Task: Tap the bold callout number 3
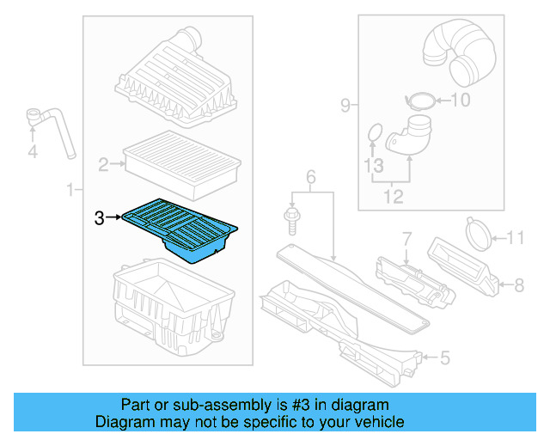click(x=100, y=218)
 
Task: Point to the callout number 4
click(x=33, y=152)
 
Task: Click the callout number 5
click(x=443, y=357)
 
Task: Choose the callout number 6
click(x=311, y=177)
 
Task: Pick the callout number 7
click(x=406, y=236)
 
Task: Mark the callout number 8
click(x=518, y=284)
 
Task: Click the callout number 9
click(x=345, y=106)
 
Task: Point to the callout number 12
click(x=392, y=198)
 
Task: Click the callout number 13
click(x=372, y=163)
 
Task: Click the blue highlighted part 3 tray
click(x=180, y=228)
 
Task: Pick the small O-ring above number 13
click(x=374, y=133)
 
